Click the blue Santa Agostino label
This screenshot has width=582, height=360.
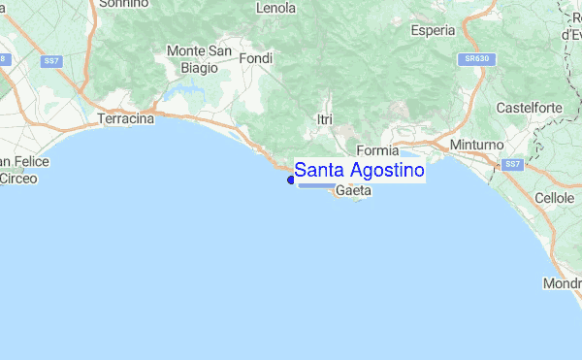tap(359, 171)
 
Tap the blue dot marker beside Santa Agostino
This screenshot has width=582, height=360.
tap(290, 179)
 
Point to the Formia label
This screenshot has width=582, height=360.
tap(377, 150)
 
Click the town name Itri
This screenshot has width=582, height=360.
tap(325, 118)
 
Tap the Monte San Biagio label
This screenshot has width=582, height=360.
tap(199, 59)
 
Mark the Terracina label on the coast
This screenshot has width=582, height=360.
tap(127, 119)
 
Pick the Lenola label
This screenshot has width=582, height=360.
tap(275, 8)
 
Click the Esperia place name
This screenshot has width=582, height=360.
tap(433, 30)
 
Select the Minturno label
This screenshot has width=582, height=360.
tap(475, 145)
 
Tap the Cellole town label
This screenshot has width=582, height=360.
tap(555, 197)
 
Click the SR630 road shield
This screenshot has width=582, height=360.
tap(472, 59)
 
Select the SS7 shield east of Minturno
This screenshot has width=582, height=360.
tap(513, 165)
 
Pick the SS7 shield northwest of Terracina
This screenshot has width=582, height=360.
tap(52, 61)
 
